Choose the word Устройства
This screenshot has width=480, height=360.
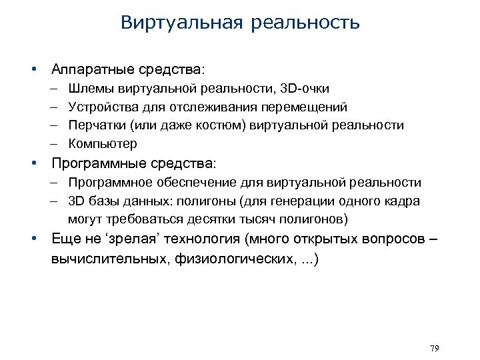[x=99, y=107]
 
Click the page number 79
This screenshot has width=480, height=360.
[x=435, y=348]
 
